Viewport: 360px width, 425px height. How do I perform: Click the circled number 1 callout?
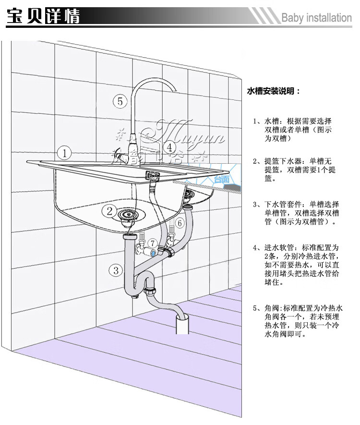pos(64,153)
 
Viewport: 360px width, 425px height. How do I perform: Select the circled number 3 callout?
pos(115,270)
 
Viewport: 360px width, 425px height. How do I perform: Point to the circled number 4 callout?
pos(169,146)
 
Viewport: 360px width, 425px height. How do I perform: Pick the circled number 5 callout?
pos(120,101)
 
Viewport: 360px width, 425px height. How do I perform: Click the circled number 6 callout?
pos(179,223)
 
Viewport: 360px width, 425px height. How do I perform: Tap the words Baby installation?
pos(316,18)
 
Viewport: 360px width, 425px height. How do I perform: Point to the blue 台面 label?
pos(221,179)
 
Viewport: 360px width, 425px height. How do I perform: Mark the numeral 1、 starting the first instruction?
pos(256,121)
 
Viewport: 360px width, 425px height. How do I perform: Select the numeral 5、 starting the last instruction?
pos(256,308)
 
